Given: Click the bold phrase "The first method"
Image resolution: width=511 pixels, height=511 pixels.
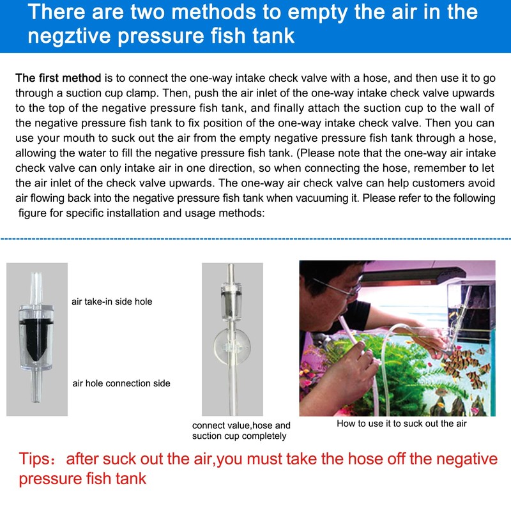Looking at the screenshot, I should (x=58, y=78).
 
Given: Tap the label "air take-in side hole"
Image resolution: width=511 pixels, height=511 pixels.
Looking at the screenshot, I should (x=112, y=301).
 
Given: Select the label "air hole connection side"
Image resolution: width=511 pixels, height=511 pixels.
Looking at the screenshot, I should (x=121, y=383).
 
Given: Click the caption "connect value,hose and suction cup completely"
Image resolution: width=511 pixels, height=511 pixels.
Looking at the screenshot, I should (x=241, y=430).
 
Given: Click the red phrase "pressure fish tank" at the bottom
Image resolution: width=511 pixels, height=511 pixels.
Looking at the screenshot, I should (x=83, y=478).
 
